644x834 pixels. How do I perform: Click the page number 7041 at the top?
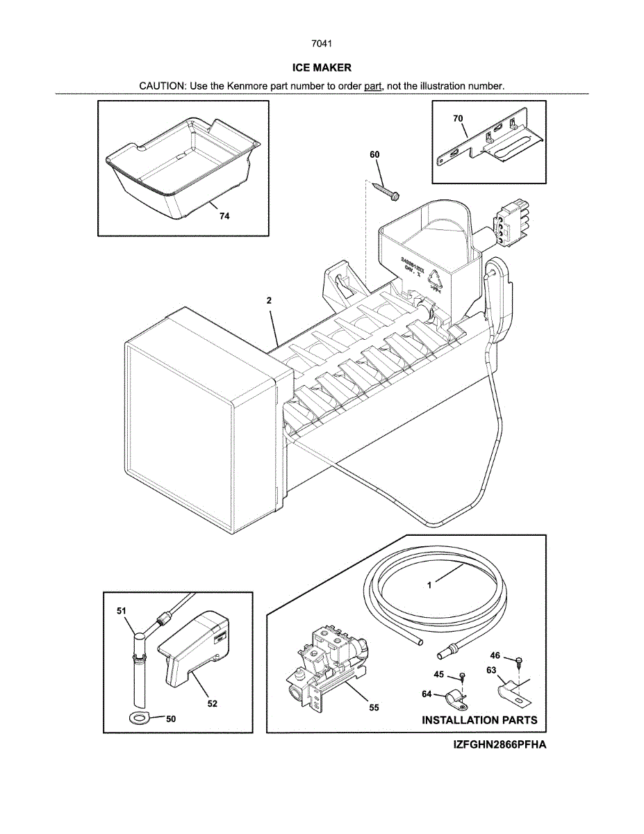click(x=322, y=44)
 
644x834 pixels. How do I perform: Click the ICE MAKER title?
click(x=322, y=67)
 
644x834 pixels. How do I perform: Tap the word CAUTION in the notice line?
click(x=162, y=86)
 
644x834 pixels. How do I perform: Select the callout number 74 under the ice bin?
click(x=224, y=216)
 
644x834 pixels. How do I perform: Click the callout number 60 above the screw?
click(x=374, y=154)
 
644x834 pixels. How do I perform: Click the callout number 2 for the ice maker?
click(x=268, y=301)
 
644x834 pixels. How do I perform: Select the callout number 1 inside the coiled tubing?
click(x=429, y=585)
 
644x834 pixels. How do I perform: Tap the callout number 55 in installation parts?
click(x=374, y=708)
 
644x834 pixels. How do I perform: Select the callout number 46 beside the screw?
click(x=495, y=655)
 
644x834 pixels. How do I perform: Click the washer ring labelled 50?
click(x=139, y=717)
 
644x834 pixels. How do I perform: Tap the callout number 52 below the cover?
click(x=212, y=704)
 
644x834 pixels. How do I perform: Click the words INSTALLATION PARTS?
click(x=479, y=720)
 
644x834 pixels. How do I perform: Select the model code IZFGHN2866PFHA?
click(x=499, y=745)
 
